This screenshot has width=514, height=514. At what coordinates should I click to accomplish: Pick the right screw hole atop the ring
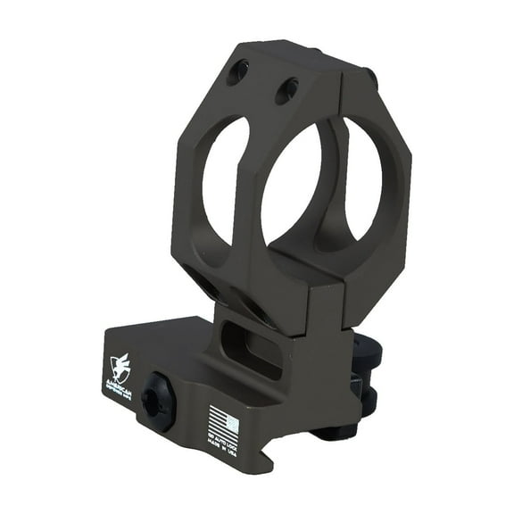pyautogui.click(x=286, y=90)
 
